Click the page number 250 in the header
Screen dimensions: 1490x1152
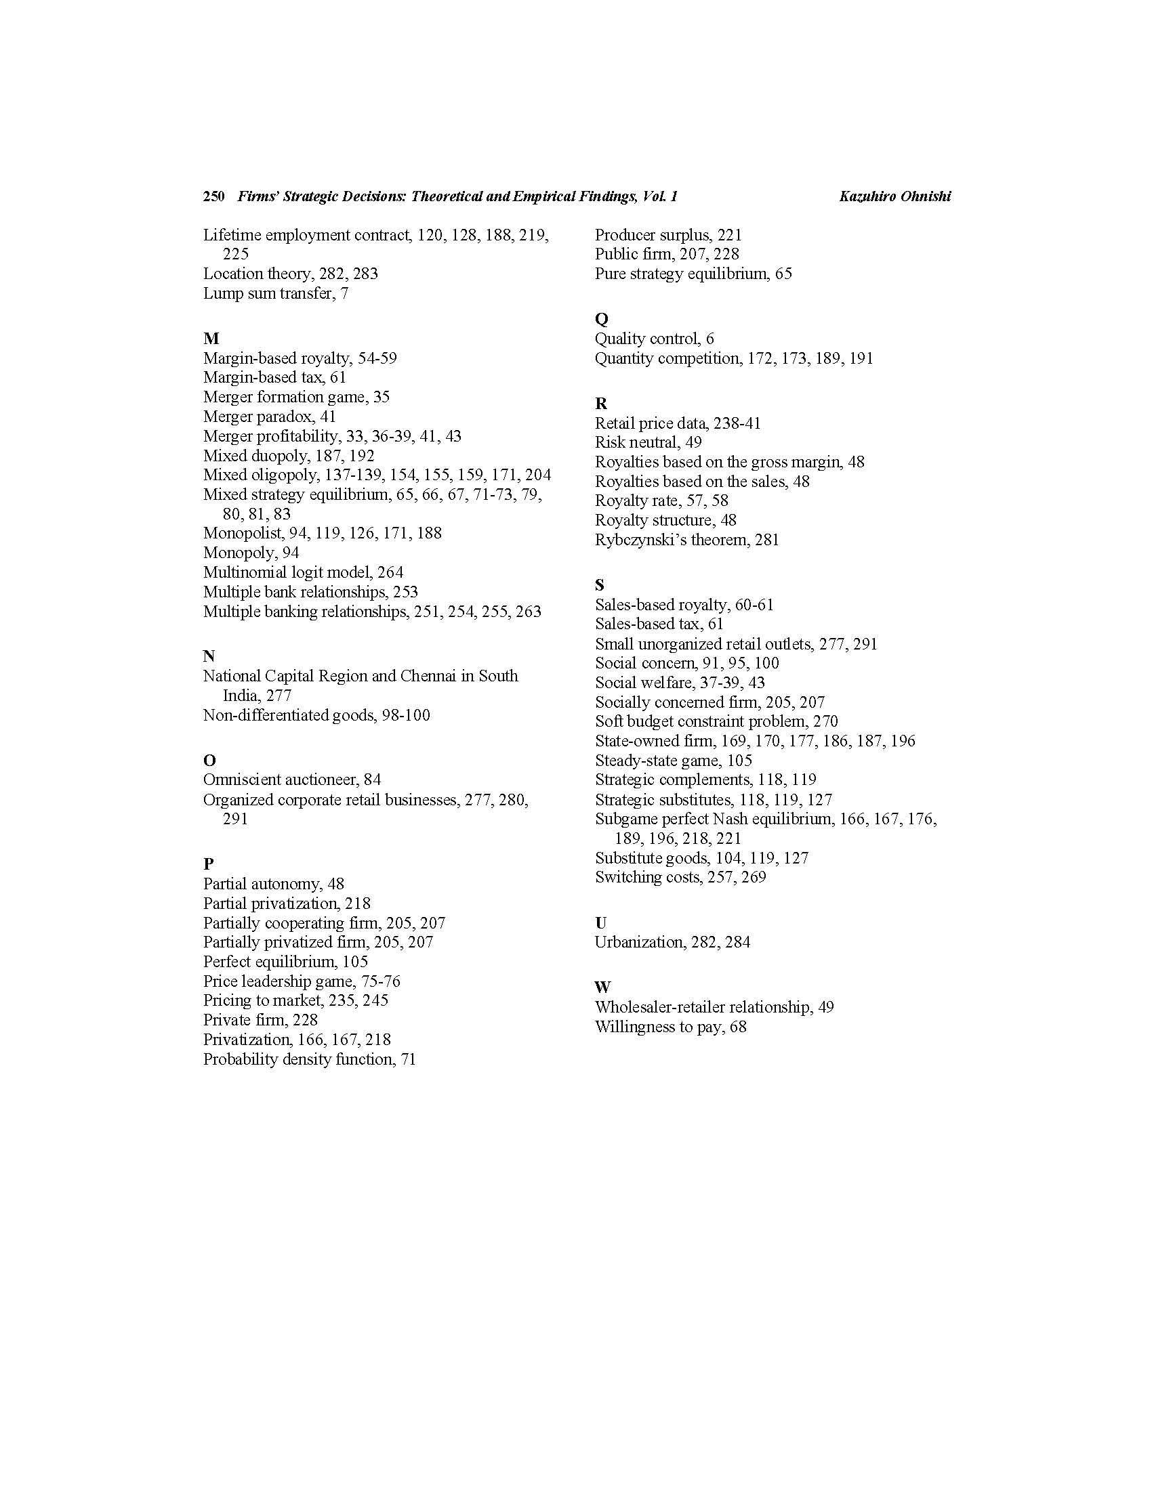click(x=213, y=196)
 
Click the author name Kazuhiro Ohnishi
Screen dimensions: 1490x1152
click(x=894, y=196)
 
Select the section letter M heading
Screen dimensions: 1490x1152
click(x=211, y=339)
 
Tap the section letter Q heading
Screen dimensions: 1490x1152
click(x=601, y=318)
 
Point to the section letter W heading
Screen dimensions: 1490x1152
click(x=602, y=987)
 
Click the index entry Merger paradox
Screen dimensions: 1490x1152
click(x=259, y=417)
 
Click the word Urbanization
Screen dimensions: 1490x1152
click(x=638, y=942)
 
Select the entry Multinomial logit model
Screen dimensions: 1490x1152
click(x=287, y=572)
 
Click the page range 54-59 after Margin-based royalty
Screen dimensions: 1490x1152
click(x=377, y=358)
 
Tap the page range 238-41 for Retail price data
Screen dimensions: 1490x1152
click(x=737, y=423)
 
